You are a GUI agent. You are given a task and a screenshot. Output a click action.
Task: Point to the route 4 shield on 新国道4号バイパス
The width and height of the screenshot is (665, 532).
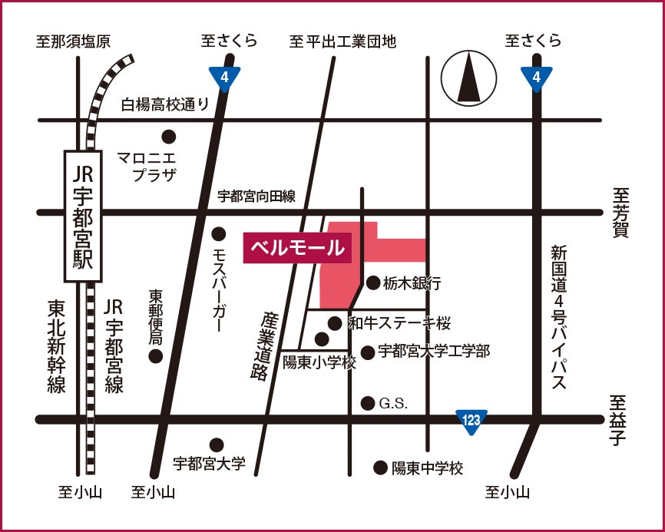point(536,77)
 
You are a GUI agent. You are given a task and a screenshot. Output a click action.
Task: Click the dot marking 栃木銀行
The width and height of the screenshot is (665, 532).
point(373,283)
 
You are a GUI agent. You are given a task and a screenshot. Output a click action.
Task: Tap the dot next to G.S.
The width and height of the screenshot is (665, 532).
point(368,403)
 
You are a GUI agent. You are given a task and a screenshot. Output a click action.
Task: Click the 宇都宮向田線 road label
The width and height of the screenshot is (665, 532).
point(256,197)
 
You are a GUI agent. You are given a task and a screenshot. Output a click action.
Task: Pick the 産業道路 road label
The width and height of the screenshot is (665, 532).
point(261,345)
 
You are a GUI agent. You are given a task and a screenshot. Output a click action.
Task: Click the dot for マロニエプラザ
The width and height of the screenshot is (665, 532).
point(168,137)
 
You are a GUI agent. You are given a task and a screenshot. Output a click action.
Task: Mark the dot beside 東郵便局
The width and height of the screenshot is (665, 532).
point(156,355)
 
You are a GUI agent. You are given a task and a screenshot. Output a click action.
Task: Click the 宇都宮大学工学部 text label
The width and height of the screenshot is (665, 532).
point(434,352)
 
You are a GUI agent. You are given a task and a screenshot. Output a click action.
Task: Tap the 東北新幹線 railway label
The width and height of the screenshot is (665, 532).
point(56,346)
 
